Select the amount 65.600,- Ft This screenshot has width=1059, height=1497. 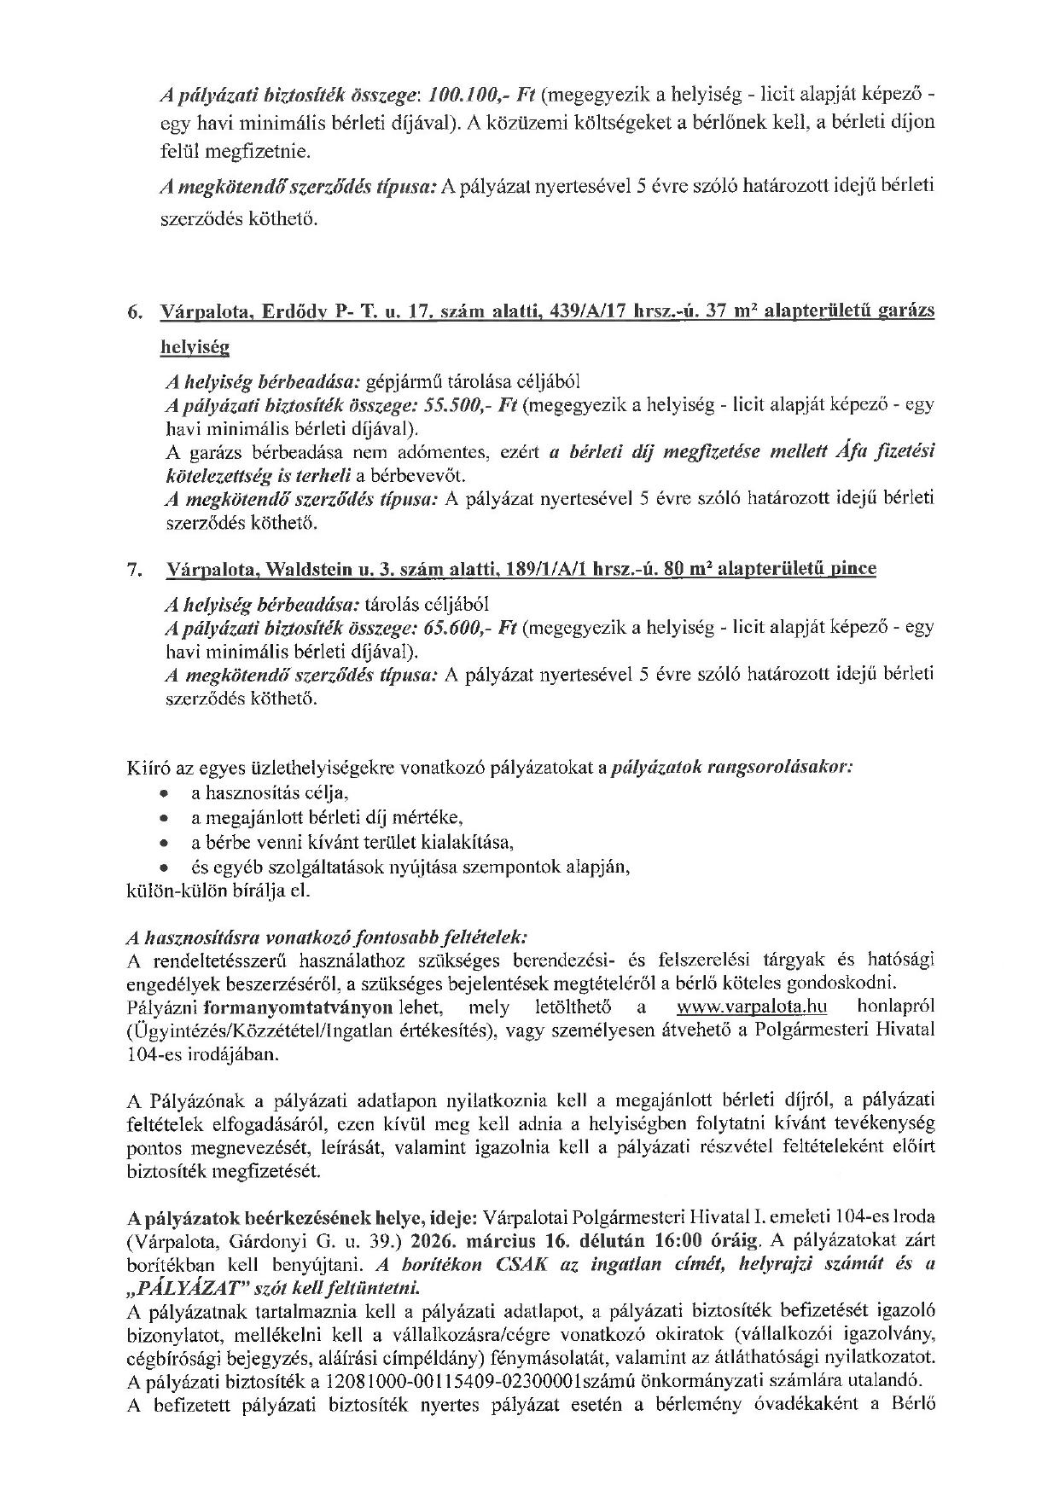coord(471,628)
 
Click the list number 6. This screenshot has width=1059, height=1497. coord(135,313)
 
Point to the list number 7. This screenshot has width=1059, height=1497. coord(135,570)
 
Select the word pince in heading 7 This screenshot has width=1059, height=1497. coord(853,568)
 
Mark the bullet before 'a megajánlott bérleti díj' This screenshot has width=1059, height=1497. coord(164,819)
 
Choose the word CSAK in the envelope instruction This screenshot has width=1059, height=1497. coord(525,1264)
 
